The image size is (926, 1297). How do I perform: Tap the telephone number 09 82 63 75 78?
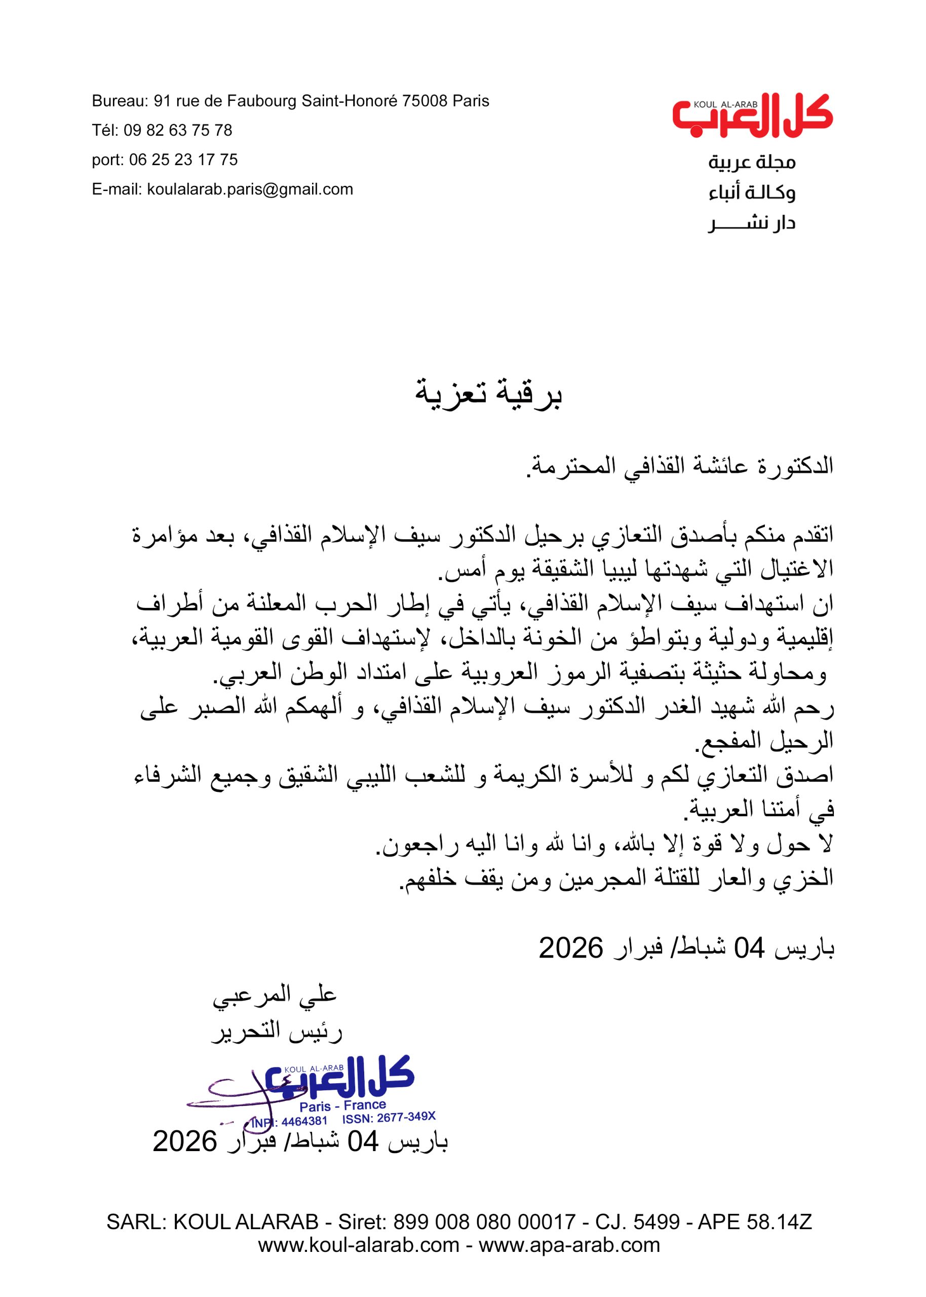point(178,131)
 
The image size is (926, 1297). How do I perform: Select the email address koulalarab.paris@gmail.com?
point(250,189)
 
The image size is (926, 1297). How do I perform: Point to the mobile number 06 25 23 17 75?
point(183,160)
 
